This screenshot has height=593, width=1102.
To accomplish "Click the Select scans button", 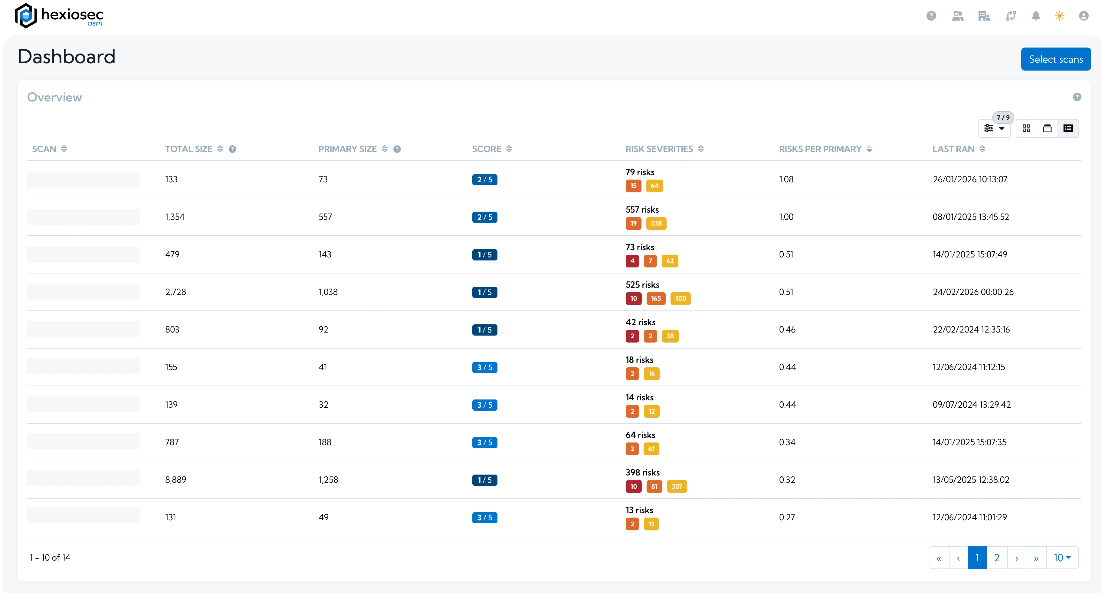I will click(x=1055, y=59).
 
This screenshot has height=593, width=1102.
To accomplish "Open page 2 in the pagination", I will click(x=996, y=558).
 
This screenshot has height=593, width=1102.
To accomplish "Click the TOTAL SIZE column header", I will click(x=189, y=149).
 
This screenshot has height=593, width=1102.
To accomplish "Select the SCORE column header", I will click(x=487, y=149).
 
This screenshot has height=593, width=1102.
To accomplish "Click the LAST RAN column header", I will click(x=953, y=149).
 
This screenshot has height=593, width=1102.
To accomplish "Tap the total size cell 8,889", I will click(x=176, y=479).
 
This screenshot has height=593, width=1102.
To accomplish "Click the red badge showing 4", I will click(x=632, y=261).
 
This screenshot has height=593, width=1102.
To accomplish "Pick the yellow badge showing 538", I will click(x=656, y=224).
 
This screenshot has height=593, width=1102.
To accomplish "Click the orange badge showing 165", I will click(x=655, y=298).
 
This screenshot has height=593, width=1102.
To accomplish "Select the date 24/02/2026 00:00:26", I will click(x=973, y=292).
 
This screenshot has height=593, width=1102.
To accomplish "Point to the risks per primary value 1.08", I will click(x=786, y=179).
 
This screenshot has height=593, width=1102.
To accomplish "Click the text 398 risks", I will click(x=642, y=472).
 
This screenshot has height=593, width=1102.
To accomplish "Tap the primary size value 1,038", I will click(x=328, y=292).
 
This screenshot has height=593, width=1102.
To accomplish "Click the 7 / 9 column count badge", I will click(x=1003, y=117).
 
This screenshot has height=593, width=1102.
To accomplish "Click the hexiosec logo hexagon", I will click(x=26, y=16).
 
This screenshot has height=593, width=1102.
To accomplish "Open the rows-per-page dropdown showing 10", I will click(x=1062, y=558).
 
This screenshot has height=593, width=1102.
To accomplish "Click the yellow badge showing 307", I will click(x=676, y=486).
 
